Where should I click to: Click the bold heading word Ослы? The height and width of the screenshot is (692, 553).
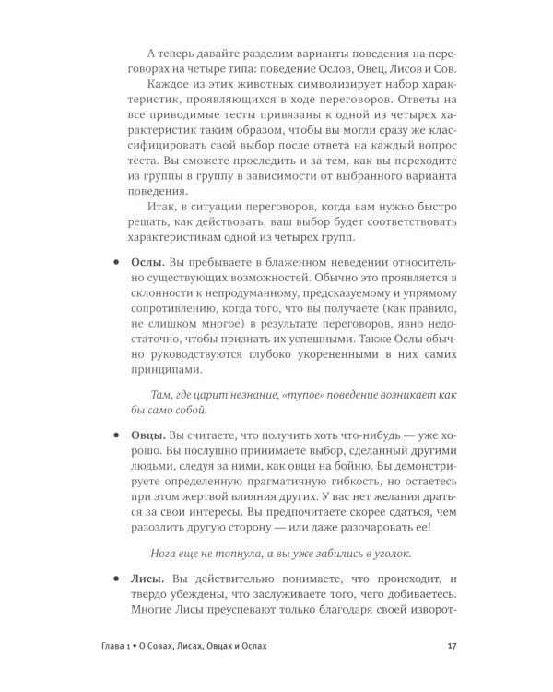tap(149, 263)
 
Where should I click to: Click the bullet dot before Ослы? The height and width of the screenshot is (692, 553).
tap(116, 263)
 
